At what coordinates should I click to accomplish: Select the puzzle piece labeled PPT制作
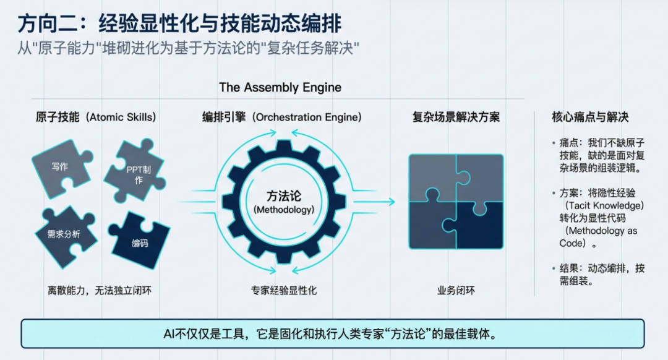[x=134, y=174]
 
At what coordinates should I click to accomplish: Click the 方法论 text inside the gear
[x=284, y=196]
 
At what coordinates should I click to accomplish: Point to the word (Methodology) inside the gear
[x=284, y=210]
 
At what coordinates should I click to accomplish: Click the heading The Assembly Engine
[x=280, y=87]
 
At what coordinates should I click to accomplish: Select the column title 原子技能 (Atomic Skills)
[x=95, y=117]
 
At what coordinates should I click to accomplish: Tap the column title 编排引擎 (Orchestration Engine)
[x=281, y=117]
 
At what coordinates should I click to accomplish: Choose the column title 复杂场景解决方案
[x=456, y=117]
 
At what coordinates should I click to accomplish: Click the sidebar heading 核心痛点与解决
[x=590, y=117]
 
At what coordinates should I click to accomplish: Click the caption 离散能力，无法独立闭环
[x=99, y=290]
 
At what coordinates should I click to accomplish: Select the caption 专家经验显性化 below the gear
[x=284, y=290]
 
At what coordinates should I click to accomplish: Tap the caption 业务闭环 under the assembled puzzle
[x=456, y=290]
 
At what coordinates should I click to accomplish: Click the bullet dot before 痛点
[x=554, y=143]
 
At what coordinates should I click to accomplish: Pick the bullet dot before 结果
[x=554, y=268]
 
